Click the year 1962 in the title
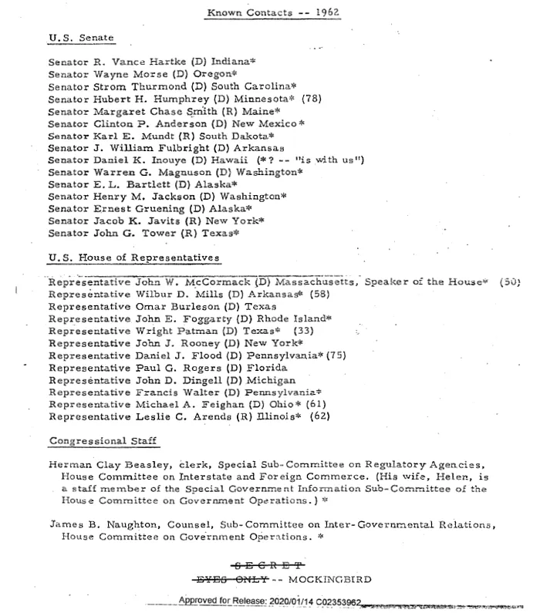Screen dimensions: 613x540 click(328, 13)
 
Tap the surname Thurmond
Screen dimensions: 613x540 click(159, 87)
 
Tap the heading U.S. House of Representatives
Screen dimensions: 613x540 click(133, 257)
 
